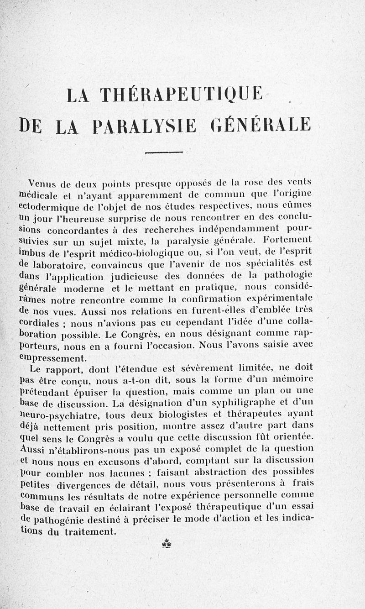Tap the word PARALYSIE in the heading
pyautogui.click(x=144, y=125)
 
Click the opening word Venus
pyautogui.click(x=42, y=183)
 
